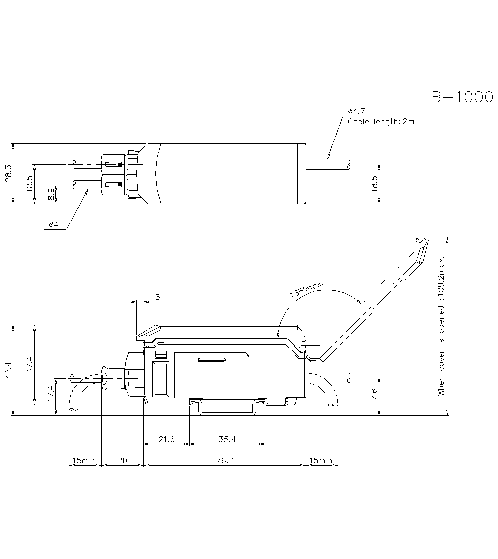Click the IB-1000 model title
(x=460, y=97)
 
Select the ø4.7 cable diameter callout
(x=356, y=111)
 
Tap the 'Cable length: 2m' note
(x=381, y=121)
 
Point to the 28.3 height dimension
(x=8, y=173)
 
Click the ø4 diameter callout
(x=53, y=225)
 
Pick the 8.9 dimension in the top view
(x=51, y=194)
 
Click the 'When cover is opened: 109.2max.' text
(x=441, y=326)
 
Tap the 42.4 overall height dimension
(x=8, y=370)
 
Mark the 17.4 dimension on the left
(x=51, y=394)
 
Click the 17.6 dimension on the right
(x=374, y=396)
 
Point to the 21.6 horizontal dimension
(x=167, y=439)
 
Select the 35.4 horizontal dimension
(x=227, y=439)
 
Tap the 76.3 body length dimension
(x=225, y=461)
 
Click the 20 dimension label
(x=122, y=461)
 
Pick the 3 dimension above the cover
(x=158, y=297)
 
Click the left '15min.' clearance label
(x=85, y=461)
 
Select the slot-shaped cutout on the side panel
(x=212, y=359)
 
